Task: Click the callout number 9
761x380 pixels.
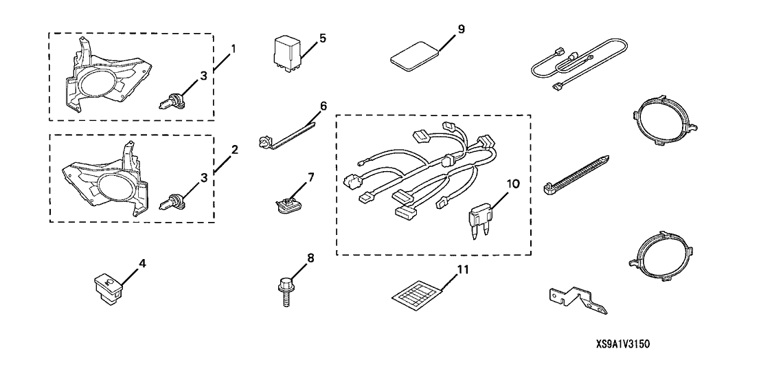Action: point(461,29)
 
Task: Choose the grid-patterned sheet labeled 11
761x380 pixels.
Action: point(417,293)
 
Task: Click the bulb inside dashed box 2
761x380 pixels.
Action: point(170,201)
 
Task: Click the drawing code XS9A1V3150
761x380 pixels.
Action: point(623,344)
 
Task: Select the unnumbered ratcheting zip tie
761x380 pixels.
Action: point(576,177)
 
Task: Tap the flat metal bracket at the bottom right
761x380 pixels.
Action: point(578,300)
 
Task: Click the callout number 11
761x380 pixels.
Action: point(464,269)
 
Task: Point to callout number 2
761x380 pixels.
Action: point(234,149)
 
